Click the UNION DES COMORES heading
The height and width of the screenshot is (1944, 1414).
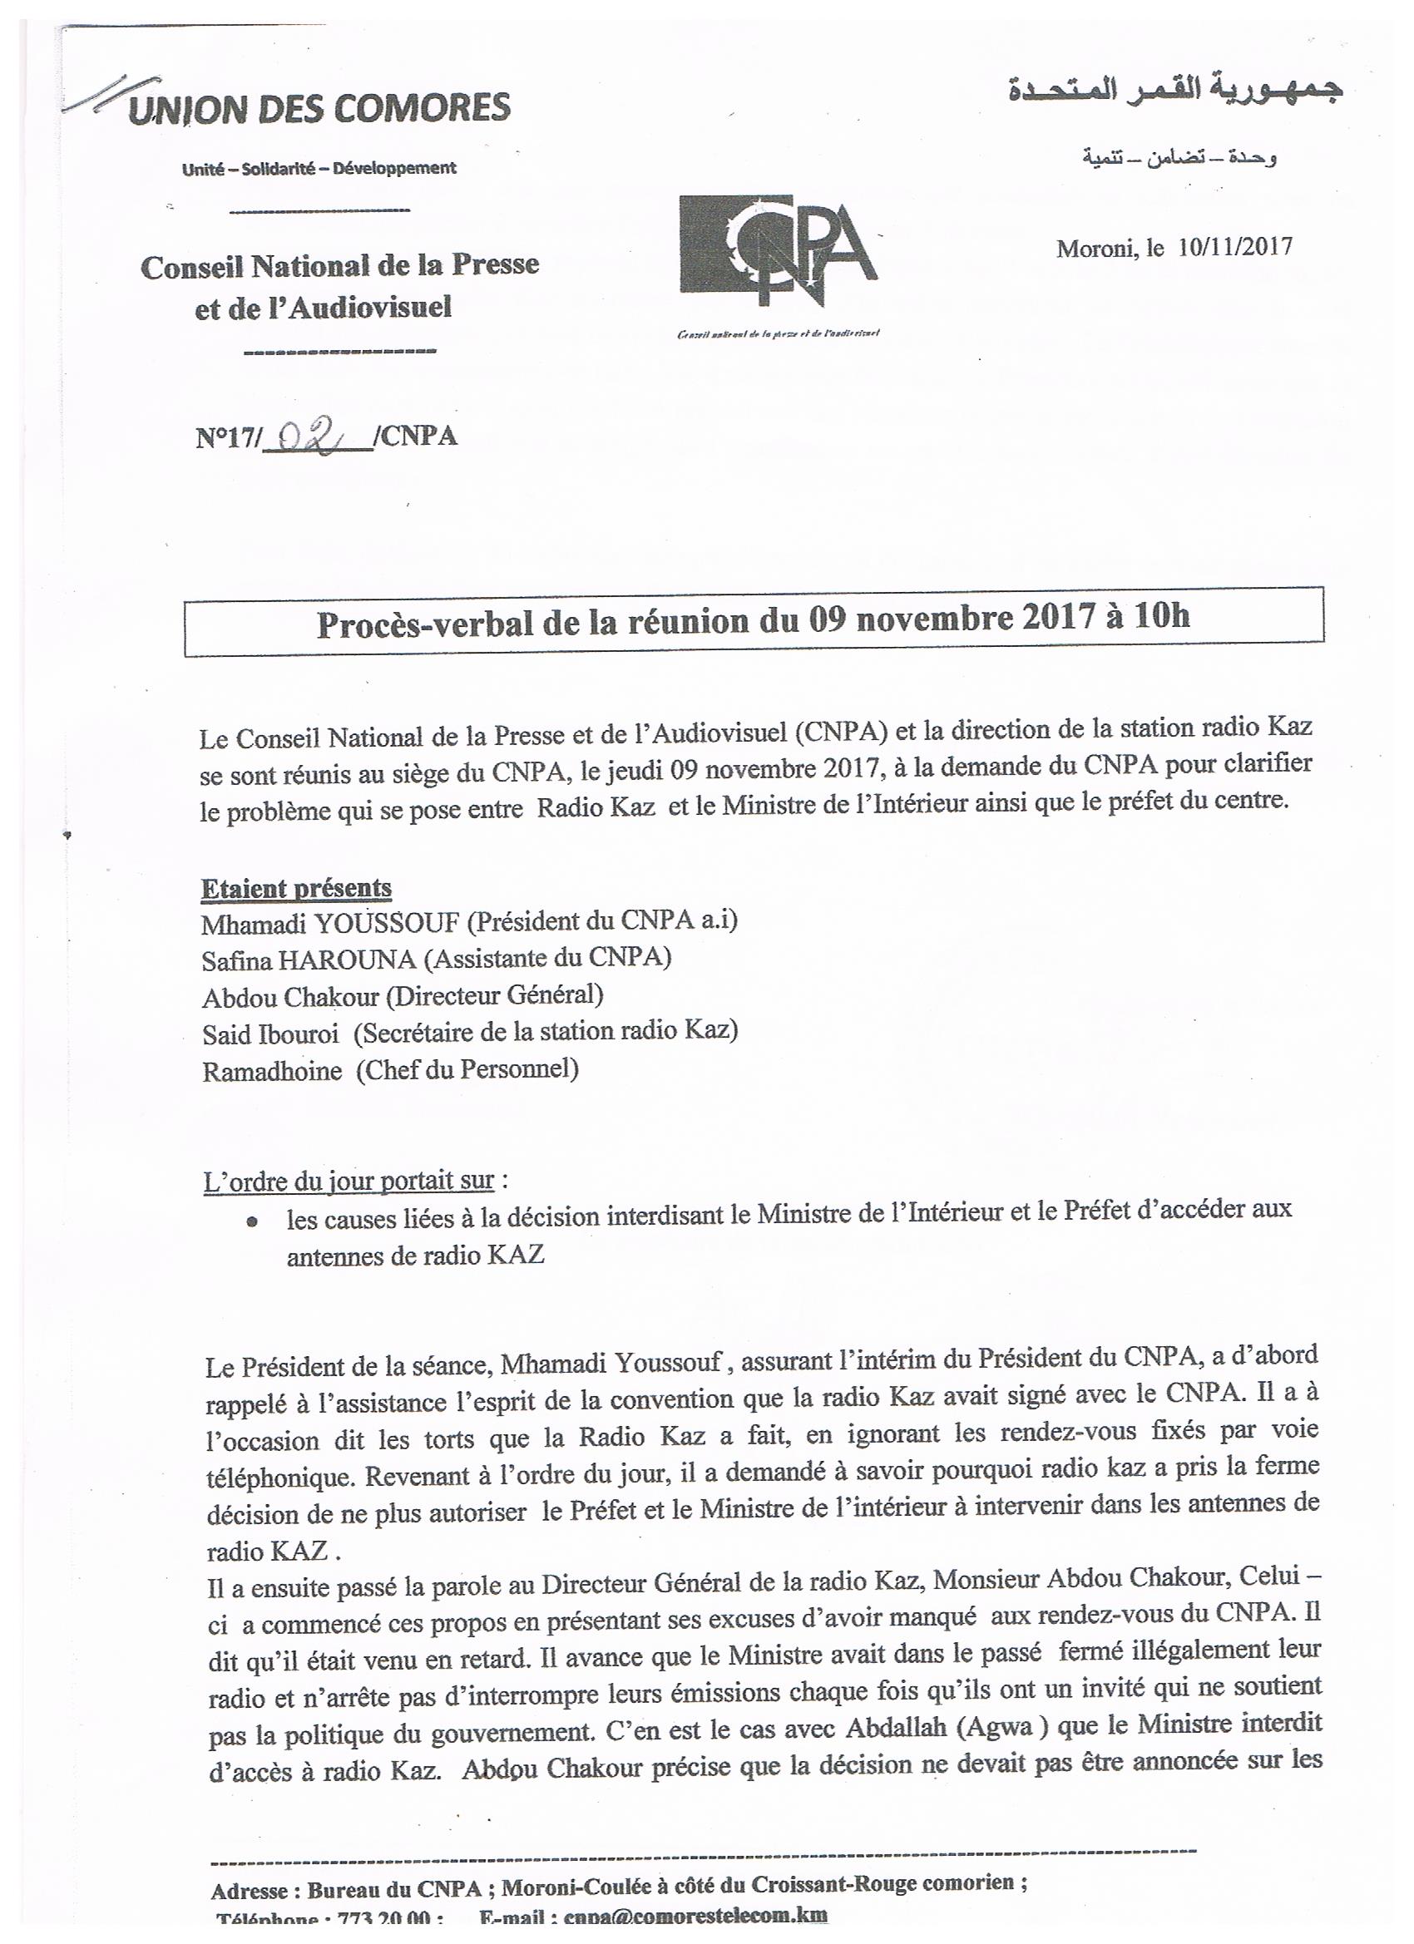click(x=319, y=110)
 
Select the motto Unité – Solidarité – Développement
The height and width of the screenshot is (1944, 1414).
click(x=319, y=169)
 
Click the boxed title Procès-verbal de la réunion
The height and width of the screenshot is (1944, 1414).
click(x=753, y=620)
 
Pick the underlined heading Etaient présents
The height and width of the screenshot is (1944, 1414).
click(x=297, y=889)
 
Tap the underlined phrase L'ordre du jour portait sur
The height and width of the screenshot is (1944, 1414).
click(x=349, y=1182)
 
